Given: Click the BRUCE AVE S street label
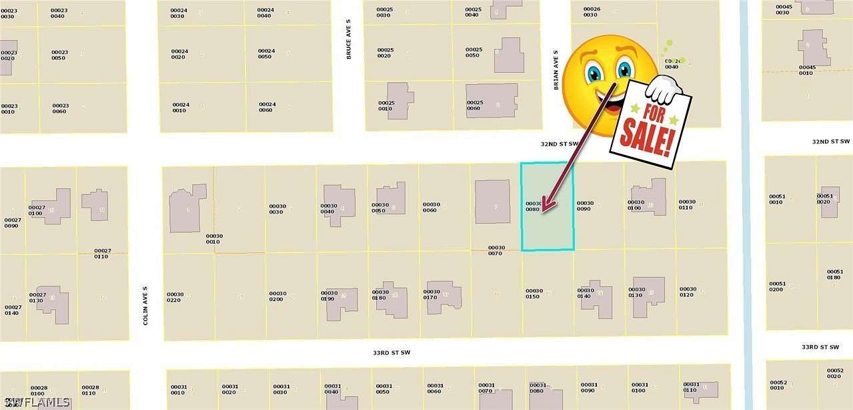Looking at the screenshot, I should [348, 47].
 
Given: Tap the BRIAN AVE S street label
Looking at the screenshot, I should [555, 69].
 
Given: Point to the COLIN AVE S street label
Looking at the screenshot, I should [145, 306].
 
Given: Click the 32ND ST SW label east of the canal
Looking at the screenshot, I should [830, 142].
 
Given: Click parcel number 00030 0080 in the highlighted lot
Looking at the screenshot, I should [532, 206].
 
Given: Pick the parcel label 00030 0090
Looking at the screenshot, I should [585, 206].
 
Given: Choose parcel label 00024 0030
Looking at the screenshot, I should [178, 13].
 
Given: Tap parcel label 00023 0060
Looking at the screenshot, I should [61, 108].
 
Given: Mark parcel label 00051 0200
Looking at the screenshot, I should [777, 286].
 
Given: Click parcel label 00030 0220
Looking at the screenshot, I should [175, 297].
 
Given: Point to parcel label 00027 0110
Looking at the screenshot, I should [101, 254].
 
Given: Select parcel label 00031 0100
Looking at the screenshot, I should [640, 388].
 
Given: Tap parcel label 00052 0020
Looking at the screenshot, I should [835, 373].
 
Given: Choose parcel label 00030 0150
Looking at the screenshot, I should [533, 294].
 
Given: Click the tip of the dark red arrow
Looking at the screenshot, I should [542, 212].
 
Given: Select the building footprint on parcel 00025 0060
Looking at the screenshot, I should [492, 101].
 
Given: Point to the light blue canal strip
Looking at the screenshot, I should [746, 200].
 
